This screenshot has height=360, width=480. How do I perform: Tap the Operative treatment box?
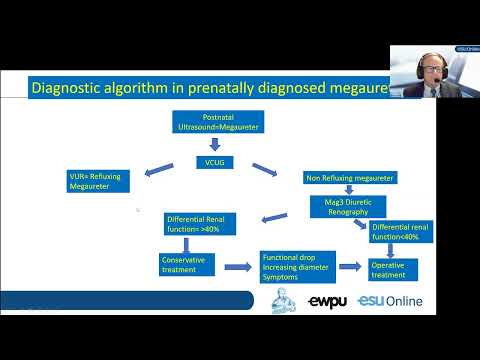[390, 268]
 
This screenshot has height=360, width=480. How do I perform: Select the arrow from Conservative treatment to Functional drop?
[237, 267]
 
